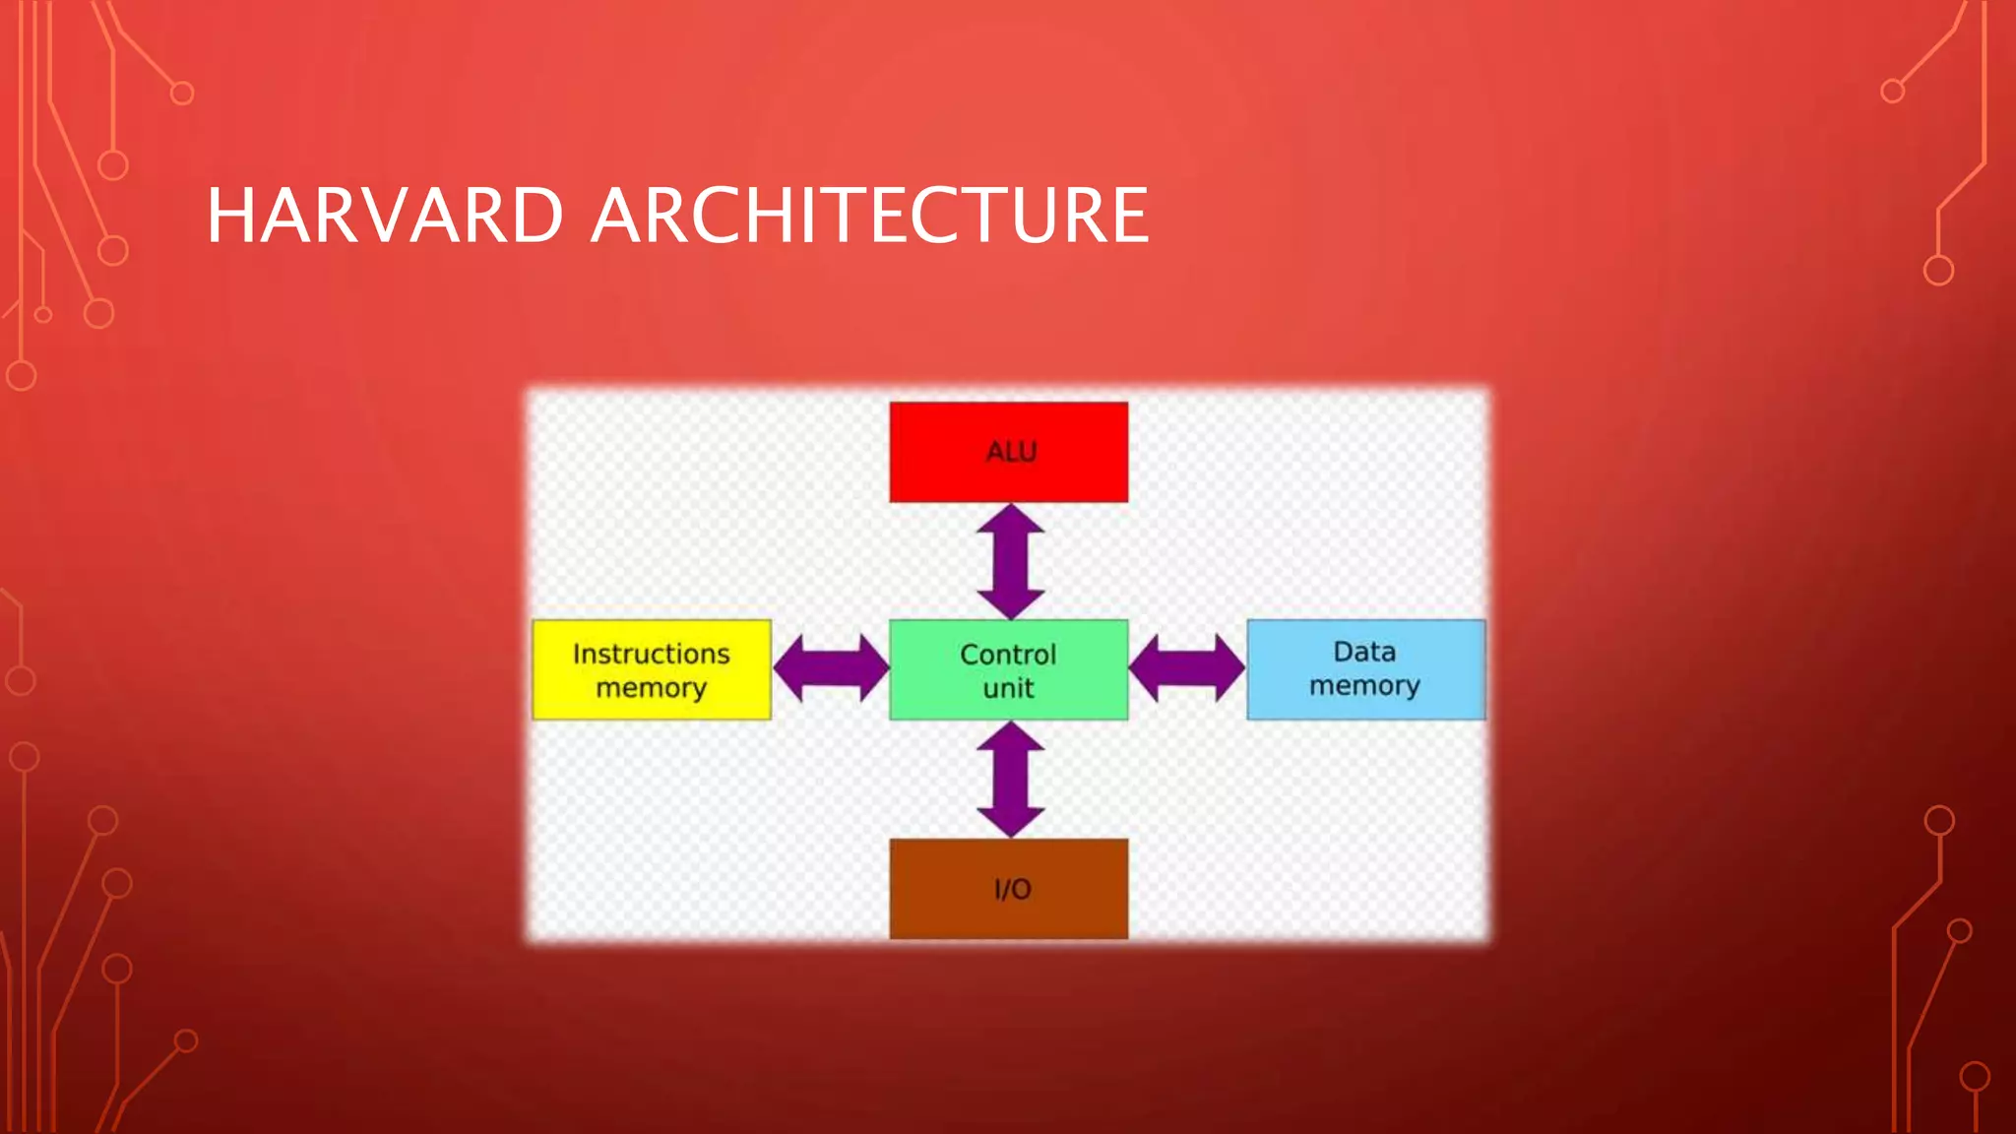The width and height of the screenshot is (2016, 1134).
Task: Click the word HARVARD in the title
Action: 385,216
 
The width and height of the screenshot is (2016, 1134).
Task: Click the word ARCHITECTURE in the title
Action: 870,216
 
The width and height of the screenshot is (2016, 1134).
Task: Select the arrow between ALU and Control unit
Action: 1010,562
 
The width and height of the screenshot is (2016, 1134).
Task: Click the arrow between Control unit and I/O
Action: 1010,780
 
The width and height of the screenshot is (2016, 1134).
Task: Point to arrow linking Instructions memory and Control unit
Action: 831,668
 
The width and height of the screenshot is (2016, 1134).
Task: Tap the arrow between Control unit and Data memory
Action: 1187,668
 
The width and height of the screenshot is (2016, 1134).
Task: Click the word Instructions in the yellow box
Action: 651,654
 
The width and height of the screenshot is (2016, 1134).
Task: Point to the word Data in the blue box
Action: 1364,652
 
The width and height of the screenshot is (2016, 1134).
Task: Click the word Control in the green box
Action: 1008,655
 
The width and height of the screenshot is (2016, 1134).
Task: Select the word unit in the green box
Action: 1008,688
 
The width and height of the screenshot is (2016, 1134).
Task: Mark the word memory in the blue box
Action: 1364,686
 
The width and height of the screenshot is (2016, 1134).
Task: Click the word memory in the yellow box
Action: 651,688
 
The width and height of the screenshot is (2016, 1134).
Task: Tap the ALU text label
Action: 1011,452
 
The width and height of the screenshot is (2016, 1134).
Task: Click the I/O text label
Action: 1012,890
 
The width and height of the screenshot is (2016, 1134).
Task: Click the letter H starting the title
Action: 229,216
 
